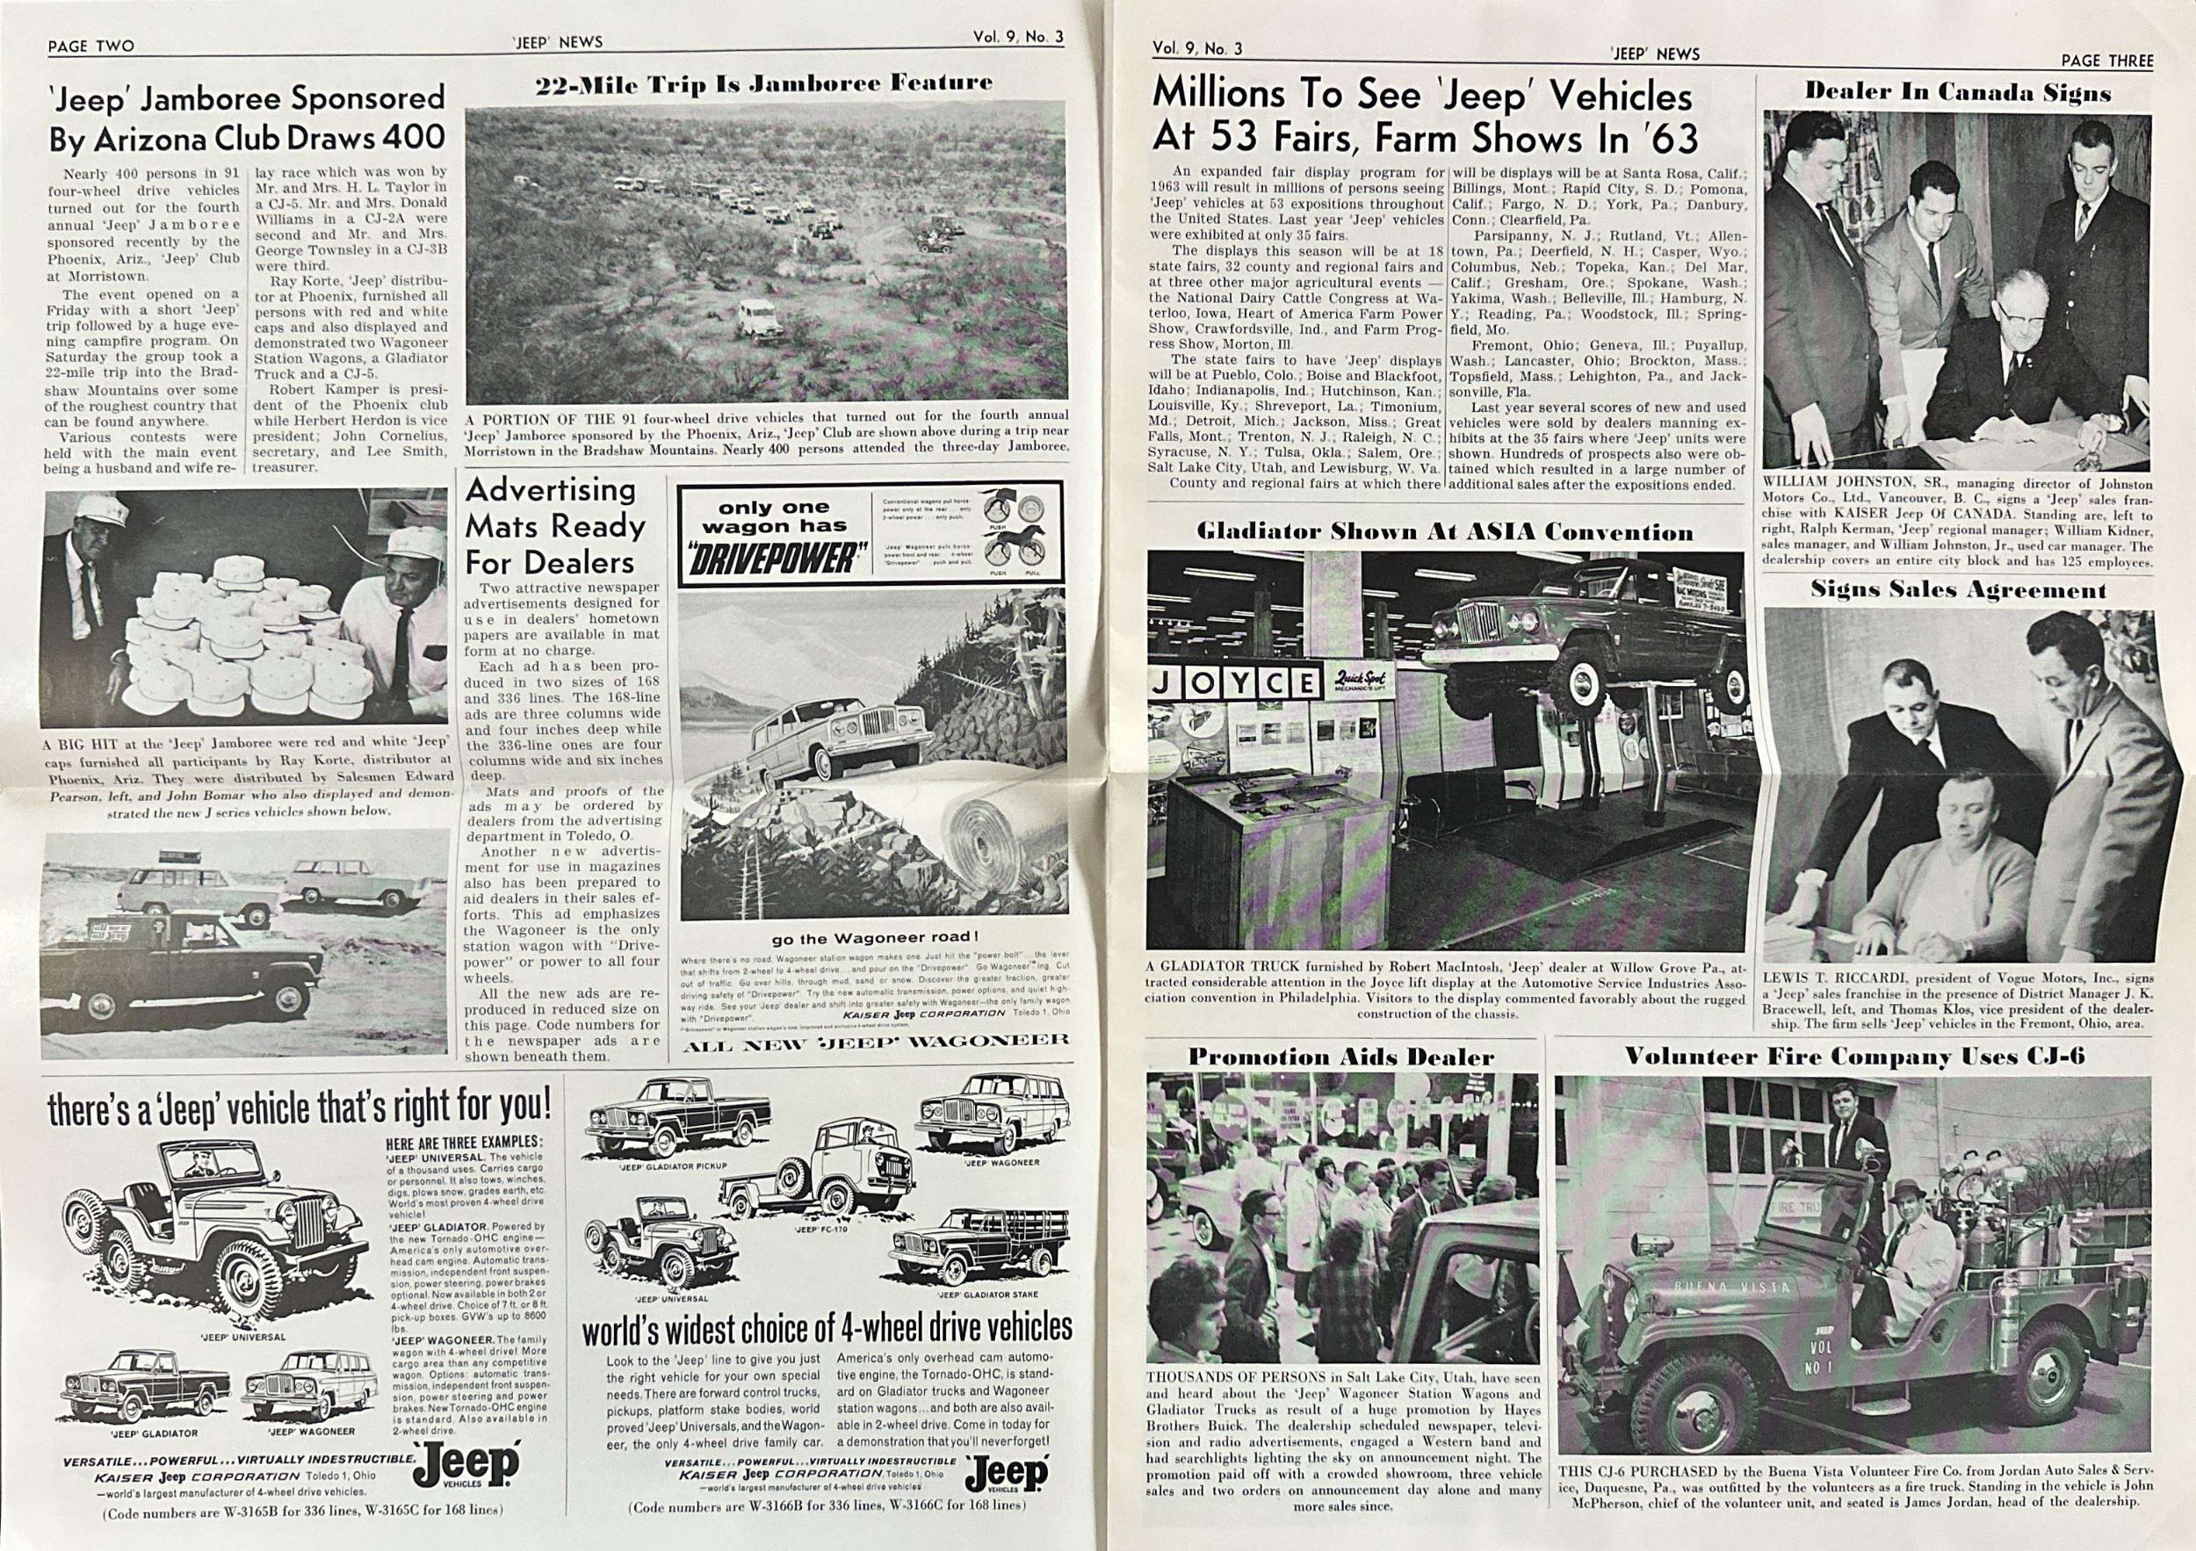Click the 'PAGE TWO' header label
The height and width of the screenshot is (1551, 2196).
point(90,46)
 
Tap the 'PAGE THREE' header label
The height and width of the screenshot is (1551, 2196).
point(2107,61)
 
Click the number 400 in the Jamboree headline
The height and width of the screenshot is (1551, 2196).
point(413,138)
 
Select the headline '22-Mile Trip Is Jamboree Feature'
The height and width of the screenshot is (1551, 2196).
point(764,83)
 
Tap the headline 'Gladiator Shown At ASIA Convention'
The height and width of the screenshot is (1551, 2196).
point(1444,532)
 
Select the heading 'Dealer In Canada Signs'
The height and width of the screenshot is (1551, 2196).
point(1958,93)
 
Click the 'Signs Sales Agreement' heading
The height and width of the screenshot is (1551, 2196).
point(1958,590)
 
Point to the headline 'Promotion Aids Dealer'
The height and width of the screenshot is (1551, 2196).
point(1341,1057)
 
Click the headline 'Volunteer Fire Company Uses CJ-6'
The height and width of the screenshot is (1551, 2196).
point(1854,1057)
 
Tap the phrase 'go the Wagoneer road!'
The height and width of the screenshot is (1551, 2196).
point(875,938)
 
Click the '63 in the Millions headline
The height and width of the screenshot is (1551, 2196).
point(1666,140)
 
